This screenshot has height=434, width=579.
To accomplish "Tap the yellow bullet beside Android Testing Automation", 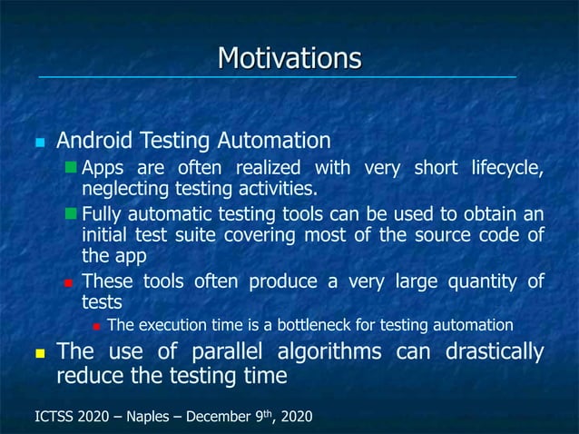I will point(38,143).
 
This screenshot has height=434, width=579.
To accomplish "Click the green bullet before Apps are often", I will point(72,168).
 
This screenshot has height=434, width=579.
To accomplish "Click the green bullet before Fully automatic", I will point(72,213).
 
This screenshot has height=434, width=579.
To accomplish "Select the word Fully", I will point(100,213).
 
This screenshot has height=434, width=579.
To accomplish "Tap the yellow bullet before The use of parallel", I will point(38,352).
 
